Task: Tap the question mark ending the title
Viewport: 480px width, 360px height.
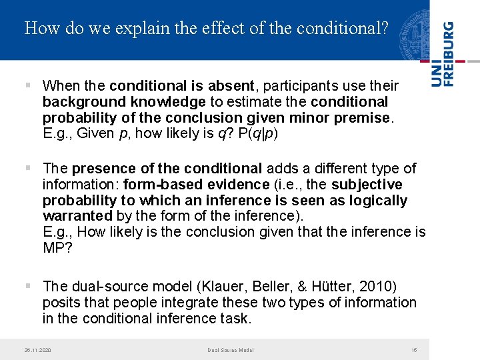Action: (x=383, y=29)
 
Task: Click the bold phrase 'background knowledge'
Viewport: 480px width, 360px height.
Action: (x=124, y=102)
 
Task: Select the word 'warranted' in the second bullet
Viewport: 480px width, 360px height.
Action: (x=77, y=216)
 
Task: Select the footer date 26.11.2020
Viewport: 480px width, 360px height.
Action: (x=37, y=350)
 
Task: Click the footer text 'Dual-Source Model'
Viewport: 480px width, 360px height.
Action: (x=230, y=350)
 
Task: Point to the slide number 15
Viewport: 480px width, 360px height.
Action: (x=414, y=350)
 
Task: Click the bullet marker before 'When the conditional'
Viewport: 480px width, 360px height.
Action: (x=27, y=86)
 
